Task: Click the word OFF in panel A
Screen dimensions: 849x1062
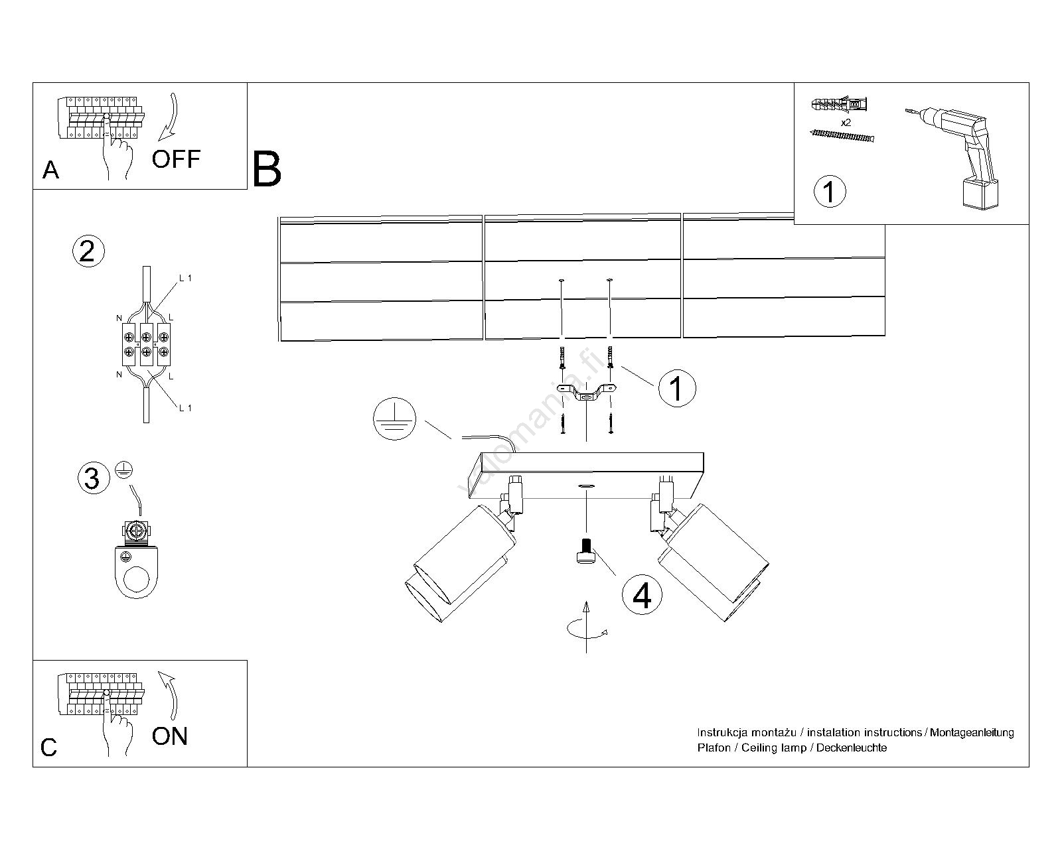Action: coord(176,159)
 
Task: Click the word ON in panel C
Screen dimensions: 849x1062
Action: coord(170,736)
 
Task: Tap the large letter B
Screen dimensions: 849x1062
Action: coord(267,169)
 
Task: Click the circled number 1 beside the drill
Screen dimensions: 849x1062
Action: coord(829,192)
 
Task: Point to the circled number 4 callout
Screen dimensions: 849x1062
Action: coord(642,595)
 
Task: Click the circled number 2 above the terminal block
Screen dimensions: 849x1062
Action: coord(88,251)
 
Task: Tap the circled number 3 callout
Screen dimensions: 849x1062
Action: coord(92,478)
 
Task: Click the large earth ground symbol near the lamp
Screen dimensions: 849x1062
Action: coord(394,419)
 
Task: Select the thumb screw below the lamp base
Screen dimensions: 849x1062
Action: coord(585,553)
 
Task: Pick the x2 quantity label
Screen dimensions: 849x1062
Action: coord(846,123)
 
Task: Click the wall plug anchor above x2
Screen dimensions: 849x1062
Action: coord(838,105)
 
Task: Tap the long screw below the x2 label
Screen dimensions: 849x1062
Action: coord(842,136)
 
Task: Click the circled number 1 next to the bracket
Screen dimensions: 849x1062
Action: coord(676,388)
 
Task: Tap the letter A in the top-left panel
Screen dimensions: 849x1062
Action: coord(50,170)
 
